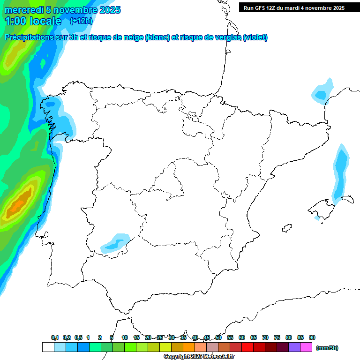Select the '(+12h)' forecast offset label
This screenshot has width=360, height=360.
[81, 21]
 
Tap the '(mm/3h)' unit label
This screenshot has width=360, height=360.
[327, 348]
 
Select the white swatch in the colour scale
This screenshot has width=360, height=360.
[48, 347]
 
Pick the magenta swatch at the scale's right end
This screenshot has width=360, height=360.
[306, 347]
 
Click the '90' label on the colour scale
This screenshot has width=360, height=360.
[312, 337]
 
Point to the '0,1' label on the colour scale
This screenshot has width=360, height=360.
[55, 337]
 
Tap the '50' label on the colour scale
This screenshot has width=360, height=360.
[218, 337]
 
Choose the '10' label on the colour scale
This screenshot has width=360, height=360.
[125, 337]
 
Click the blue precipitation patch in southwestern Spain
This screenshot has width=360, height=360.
[115, 243]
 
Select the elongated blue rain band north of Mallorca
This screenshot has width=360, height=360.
[340, 173]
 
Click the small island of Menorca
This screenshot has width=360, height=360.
[347, 199]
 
